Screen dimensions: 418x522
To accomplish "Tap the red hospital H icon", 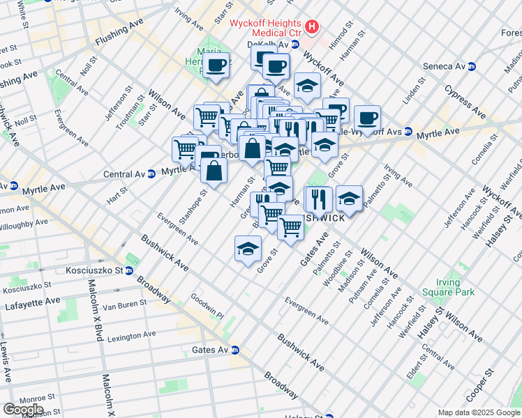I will tap(312, 28).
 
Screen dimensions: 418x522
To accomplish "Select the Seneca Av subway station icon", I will tap(472, 66).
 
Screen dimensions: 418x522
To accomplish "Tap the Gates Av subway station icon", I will tap(236, 350).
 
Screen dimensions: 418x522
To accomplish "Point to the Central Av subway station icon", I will tap(151, 173).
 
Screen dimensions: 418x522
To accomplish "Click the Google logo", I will tap(23, 409).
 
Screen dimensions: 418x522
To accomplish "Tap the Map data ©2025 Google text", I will tap(478, 413).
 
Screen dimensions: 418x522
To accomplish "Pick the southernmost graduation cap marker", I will tap(248, 249).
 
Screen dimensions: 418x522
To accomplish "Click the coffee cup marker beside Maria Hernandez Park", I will tap(216, 66).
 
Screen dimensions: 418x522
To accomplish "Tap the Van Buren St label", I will tap(123, 304).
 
